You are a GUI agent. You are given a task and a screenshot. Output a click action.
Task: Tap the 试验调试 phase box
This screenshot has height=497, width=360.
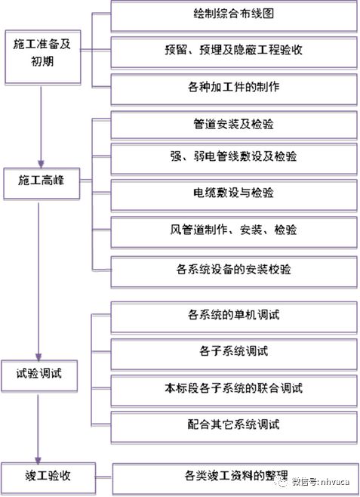(x=38, y=375)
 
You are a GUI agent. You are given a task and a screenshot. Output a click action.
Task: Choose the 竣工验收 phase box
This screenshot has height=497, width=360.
(x=38, y=476)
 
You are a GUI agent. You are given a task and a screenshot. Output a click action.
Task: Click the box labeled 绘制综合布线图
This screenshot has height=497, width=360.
(x=233, y=17)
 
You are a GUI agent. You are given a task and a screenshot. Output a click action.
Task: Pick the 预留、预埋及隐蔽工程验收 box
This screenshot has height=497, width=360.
(x=233, y=51)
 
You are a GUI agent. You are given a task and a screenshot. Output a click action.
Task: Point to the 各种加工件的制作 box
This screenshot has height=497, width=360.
(x=233, y=87)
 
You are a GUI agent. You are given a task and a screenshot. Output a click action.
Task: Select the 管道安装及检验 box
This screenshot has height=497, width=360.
(x=233, y=124)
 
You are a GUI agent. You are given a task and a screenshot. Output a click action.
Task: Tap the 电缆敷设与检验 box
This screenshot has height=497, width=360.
(x=233, y=193)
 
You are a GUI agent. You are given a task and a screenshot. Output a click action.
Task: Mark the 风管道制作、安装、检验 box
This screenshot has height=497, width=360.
(x=233, y=230)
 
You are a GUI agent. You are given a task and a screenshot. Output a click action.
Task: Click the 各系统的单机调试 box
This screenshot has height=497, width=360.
(x=233, y=315)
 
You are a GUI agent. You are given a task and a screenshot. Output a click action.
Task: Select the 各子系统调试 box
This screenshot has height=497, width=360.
(x=233, y=351)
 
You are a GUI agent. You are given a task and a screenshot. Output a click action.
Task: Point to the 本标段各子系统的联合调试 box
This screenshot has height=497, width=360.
(x=233, y=388)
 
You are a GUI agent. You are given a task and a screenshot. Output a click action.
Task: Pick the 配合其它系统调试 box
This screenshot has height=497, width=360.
(x=233, y=425)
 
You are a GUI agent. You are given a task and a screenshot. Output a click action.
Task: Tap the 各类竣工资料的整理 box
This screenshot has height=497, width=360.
(x=233, y=476)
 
